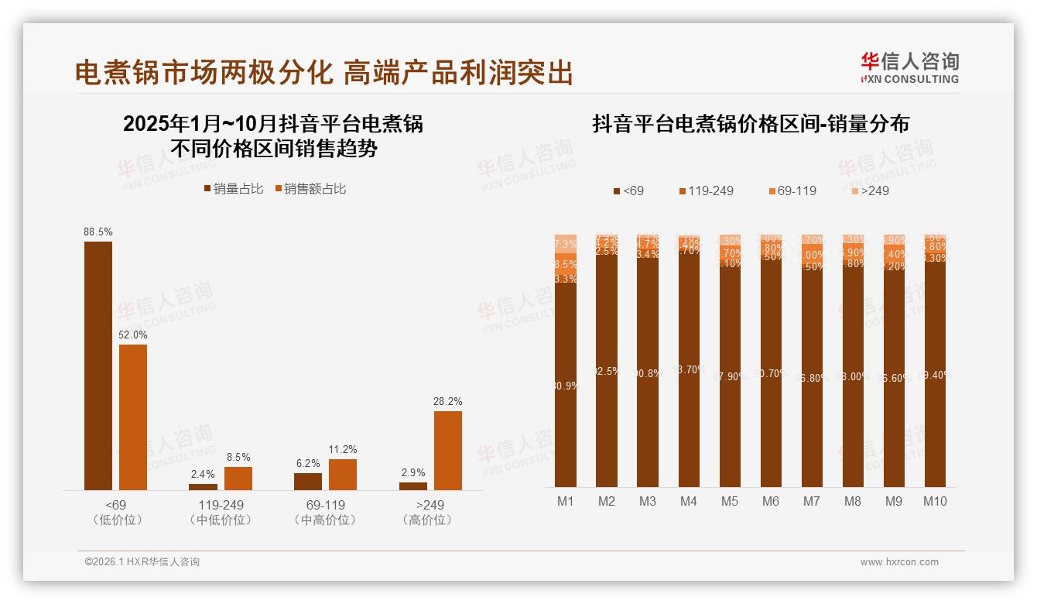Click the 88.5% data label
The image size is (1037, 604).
(x=98, y=232)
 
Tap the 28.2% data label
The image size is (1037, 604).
(x=448, y=401)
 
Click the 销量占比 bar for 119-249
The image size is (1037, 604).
(x=203, y=486)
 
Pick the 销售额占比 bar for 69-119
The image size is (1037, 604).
(x=343, y=474)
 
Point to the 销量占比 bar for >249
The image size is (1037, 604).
(x=413, y=486)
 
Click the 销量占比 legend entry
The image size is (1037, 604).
(x=233, y=189)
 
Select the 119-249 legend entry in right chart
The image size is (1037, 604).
(x=706, y=190)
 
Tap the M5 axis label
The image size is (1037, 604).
(x=730, y=501)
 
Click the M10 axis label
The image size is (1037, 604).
(x=935, y=501)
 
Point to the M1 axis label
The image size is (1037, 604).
(x=566, y=501)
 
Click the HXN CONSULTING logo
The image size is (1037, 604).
(x=909, y=68)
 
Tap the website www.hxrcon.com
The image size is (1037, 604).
(x=899, y=562)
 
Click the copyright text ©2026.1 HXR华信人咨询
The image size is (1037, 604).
(x=142, y=562)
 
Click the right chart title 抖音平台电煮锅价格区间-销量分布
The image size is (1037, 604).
(x=751, y=124)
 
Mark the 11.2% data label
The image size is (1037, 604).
(x=343, y=449)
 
